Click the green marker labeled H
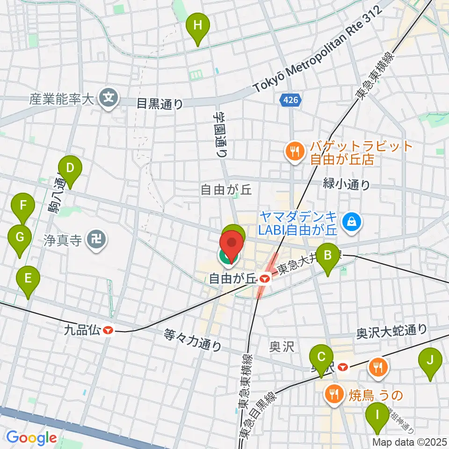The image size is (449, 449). (198, 26)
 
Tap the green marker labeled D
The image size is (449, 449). (70, 168)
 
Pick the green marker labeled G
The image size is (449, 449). (20, 238)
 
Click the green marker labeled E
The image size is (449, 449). (28, 279)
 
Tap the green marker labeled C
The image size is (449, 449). (321, 358)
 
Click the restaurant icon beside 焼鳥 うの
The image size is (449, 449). (334, 394)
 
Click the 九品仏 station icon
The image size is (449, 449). (108, 330)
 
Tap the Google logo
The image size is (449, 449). (31, 438)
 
